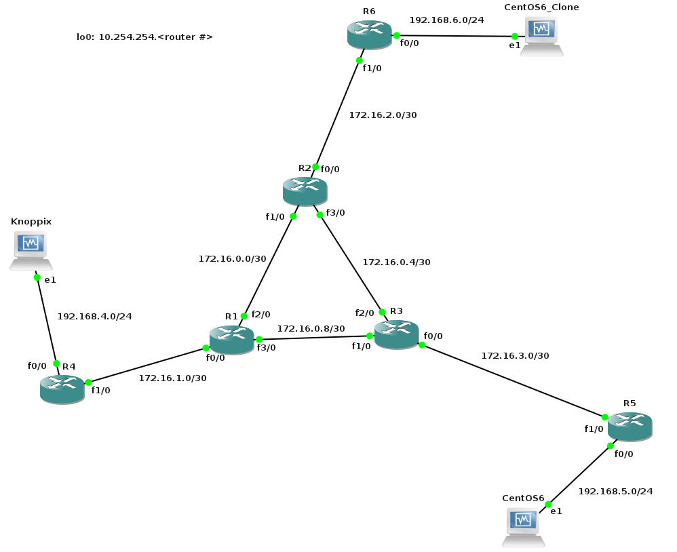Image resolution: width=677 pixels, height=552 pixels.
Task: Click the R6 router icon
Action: [369, 35]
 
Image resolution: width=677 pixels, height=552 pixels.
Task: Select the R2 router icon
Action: [305, 191]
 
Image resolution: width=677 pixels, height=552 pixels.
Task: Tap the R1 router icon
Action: [231, 339]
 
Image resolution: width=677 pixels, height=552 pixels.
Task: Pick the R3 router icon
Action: [396, 335]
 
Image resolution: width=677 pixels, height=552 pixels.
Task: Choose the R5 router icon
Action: [630, 426]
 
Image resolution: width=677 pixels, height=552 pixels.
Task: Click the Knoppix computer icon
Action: [31, 250]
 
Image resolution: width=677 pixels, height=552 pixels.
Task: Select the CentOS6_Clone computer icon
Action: [541, 36]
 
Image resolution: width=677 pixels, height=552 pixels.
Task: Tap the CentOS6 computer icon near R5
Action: [523, 527]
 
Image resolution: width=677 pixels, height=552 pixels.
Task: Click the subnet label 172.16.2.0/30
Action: [383, 115]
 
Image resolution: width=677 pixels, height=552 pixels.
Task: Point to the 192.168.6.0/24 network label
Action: [446, 20]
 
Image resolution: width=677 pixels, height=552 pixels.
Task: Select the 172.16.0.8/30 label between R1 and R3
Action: [311, 328]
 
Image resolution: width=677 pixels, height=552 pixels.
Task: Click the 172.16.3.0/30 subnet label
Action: [515, 355]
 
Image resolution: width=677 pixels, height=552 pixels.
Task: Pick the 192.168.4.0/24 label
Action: [94, 316]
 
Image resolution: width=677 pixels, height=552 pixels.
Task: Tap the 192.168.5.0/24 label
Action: [615, 491]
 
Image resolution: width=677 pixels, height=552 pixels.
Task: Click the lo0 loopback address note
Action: [144, 37]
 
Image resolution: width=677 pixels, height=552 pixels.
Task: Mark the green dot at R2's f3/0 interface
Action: [320, 214]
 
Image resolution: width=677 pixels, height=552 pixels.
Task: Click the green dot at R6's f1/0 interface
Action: [360, 60]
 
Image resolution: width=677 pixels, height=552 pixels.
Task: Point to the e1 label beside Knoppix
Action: [50, 279]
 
